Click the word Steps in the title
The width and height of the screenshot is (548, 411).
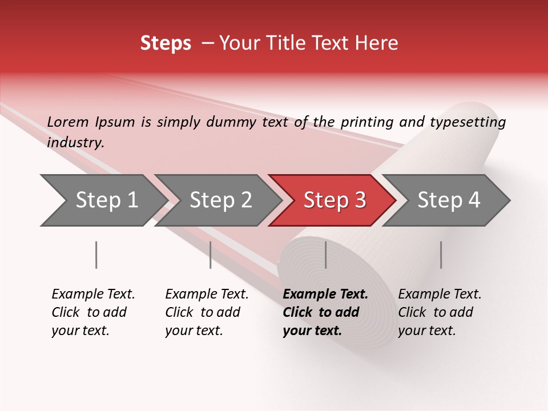pyautogui.click(x=166, y=43)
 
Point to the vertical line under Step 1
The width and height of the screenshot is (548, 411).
pyautogui.click(x=96, y=255)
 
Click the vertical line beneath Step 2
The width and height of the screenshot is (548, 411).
pyautogui.click(x=211, y=255)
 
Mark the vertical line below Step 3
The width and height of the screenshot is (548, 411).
pyautogui.click(x=325, y=255)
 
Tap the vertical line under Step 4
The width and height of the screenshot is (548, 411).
pyautogui.click(x=441, y=255)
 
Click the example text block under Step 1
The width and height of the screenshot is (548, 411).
pyautogui.click(x=93, y=312)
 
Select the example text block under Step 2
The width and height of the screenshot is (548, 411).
pyautogui.click(x=207, y=312)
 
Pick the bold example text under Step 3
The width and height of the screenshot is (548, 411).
pyautogui.click(x=325, y=312)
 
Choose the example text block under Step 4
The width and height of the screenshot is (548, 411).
pyautogui.click(x=440, y=312)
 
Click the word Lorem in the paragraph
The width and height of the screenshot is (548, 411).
pyautogui.click(x=68, y=122)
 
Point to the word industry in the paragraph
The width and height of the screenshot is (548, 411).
pyautogui.click(x=75, y=143)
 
